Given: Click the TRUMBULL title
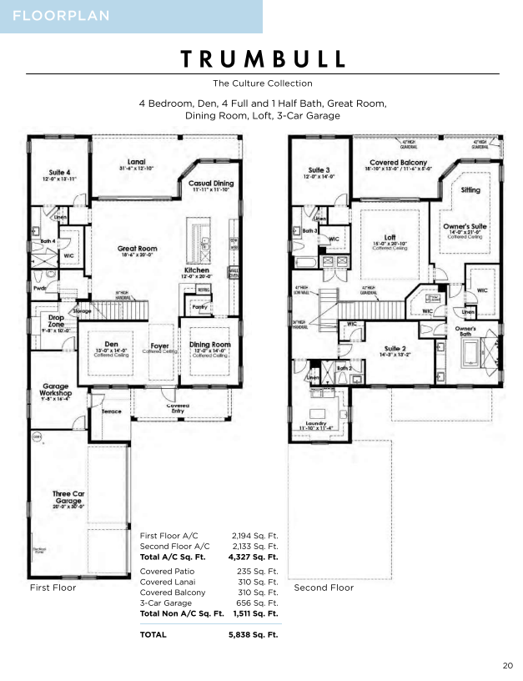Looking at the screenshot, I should pyautogui.click(x=262, y=58).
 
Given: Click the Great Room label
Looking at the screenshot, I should pyautogui.click(x=137, y=249).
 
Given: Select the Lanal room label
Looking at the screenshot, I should pyautogui.click(x=137, y=161).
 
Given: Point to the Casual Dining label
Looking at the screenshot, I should pyautogui.click(x=211, y=184).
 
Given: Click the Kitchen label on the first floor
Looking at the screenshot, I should pyautogui.click(x=196, y=271).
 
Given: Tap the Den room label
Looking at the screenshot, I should pyautogui.click(x=110, y=343).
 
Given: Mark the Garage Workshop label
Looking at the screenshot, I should pyautogui.click(x=55, y=388).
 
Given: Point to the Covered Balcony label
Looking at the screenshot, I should pyautogui.click(x=398, y=163).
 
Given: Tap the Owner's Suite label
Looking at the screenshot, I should pyautogui.click(x=464, y=226).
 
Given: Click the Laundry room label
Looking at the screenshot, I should pyautogui.click(x=316, y=423).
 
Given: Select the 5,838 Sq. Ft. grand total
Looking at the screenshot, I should pyautogui.click(x=253, y=634).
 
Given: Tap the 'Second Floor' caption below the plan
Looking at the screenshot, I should pyautogui.click(x=324, y=588).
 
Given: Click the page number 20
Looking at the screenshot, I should pyautogui.click(x=507, y=665).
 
